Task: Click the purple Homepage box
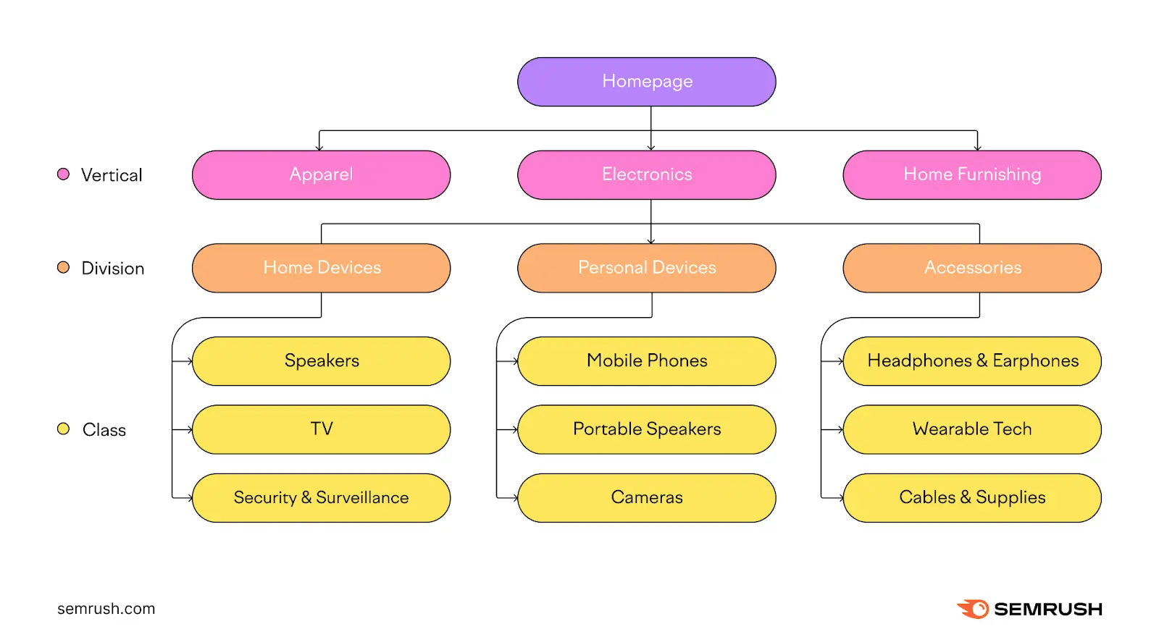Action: (646, 82)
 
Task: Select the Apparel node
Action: (321, 175)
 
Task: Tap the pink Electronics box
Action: (646, 175)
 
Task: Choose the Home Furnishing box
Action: (971, 175)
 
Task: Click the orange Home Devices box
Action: (321, 268)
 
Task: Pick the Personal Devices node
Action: (646, 268)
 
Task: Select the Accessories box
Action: (971, 268)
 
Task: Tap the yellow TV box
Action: (321, 429)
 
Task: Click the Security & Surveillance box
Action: (321, 498)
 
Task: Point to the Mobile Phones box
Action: (646, 361)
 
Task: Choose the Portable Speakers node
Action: (646, 429)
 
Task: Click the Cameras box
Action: (646, 498)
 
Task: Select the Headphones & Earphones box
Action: (971, 361)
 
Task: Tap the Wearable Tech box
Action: (971, 429)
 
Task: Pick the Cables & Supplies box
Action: (971, 498)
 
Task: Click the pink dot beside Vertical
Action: (64, 174)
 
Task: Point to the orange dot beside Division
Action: (64, 268)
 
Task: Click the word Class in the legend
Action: (104, 430)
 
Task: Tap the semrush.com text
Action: (106, 609)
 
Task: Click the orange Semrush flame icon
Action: (973, 609)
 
